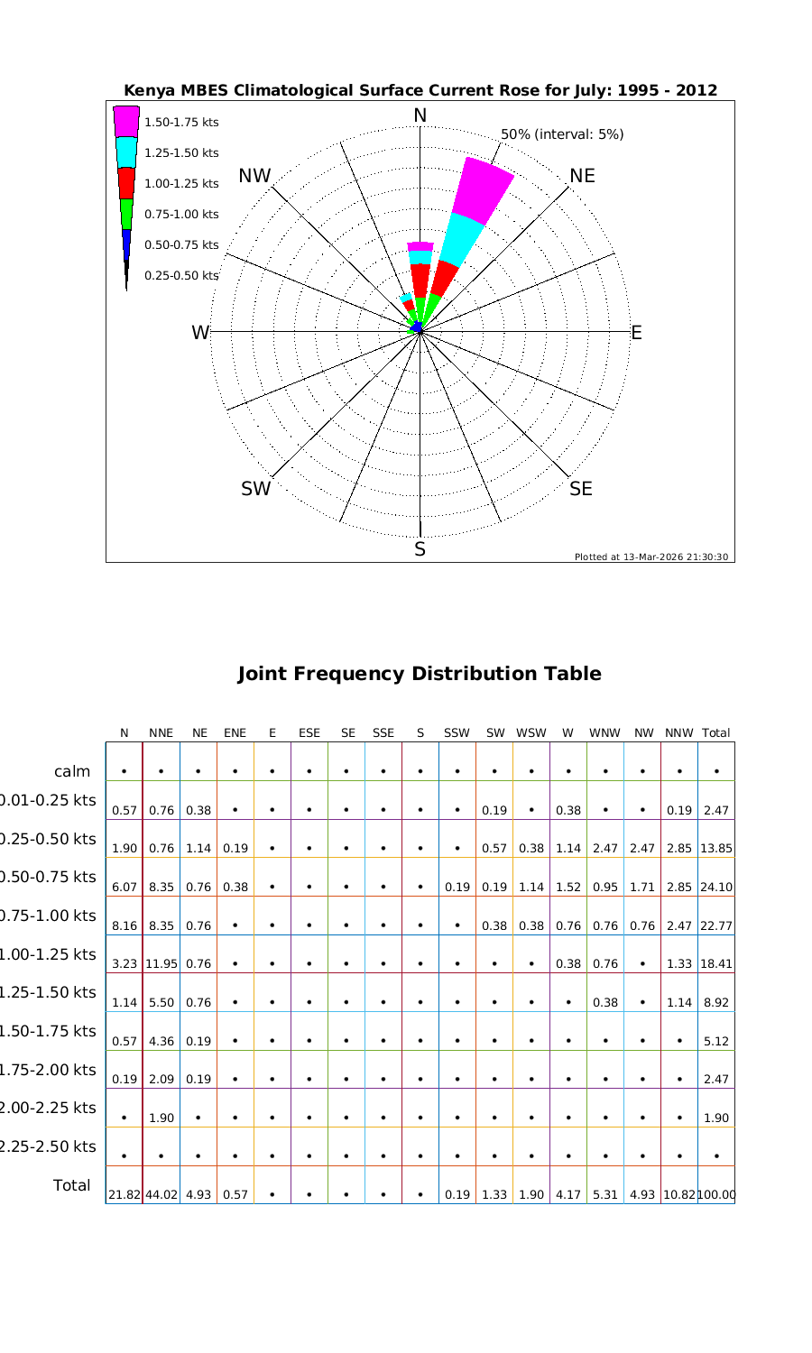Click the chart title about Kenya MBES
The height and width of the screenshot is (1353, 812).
[x=420, y=90]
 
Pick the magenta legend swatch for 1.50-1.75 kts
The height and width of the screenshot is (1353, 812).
[x=126, y=121]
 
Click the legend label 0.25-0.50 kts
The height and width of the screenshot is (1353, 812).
[x=181, y=275]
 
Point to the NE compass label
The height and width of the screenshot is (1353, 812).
[x=583, y=176]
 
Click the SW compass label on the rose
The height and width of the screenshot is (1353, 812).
[x=255, y=489]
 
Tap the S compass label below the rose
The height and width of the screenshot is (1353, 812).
[x=420, y=549]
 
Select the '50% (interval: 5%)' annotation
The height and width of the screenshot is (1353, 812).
[x=562, y=134]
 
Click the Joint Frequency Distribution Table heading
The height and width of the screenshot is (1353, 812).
[x=420, y=674]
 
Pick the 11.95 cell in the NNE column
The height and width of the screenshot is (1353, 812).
[x=161, y=963]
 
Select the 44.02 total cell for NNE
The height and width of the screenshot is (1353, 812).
[x=161, y=1194]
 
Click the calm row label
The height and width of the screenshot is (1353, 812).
[x=72, y=771]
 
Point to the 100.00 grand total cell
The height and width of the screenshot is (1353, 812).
[x=716, y=1194]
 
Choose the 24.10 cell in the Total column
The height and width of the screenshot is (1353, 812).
[x=716, y=887]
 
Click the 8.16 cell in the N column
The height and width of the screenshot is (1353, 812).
[x=124, y=925]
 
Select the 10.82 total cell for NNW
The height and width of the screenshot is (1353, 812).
[x=678, y=1194]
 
